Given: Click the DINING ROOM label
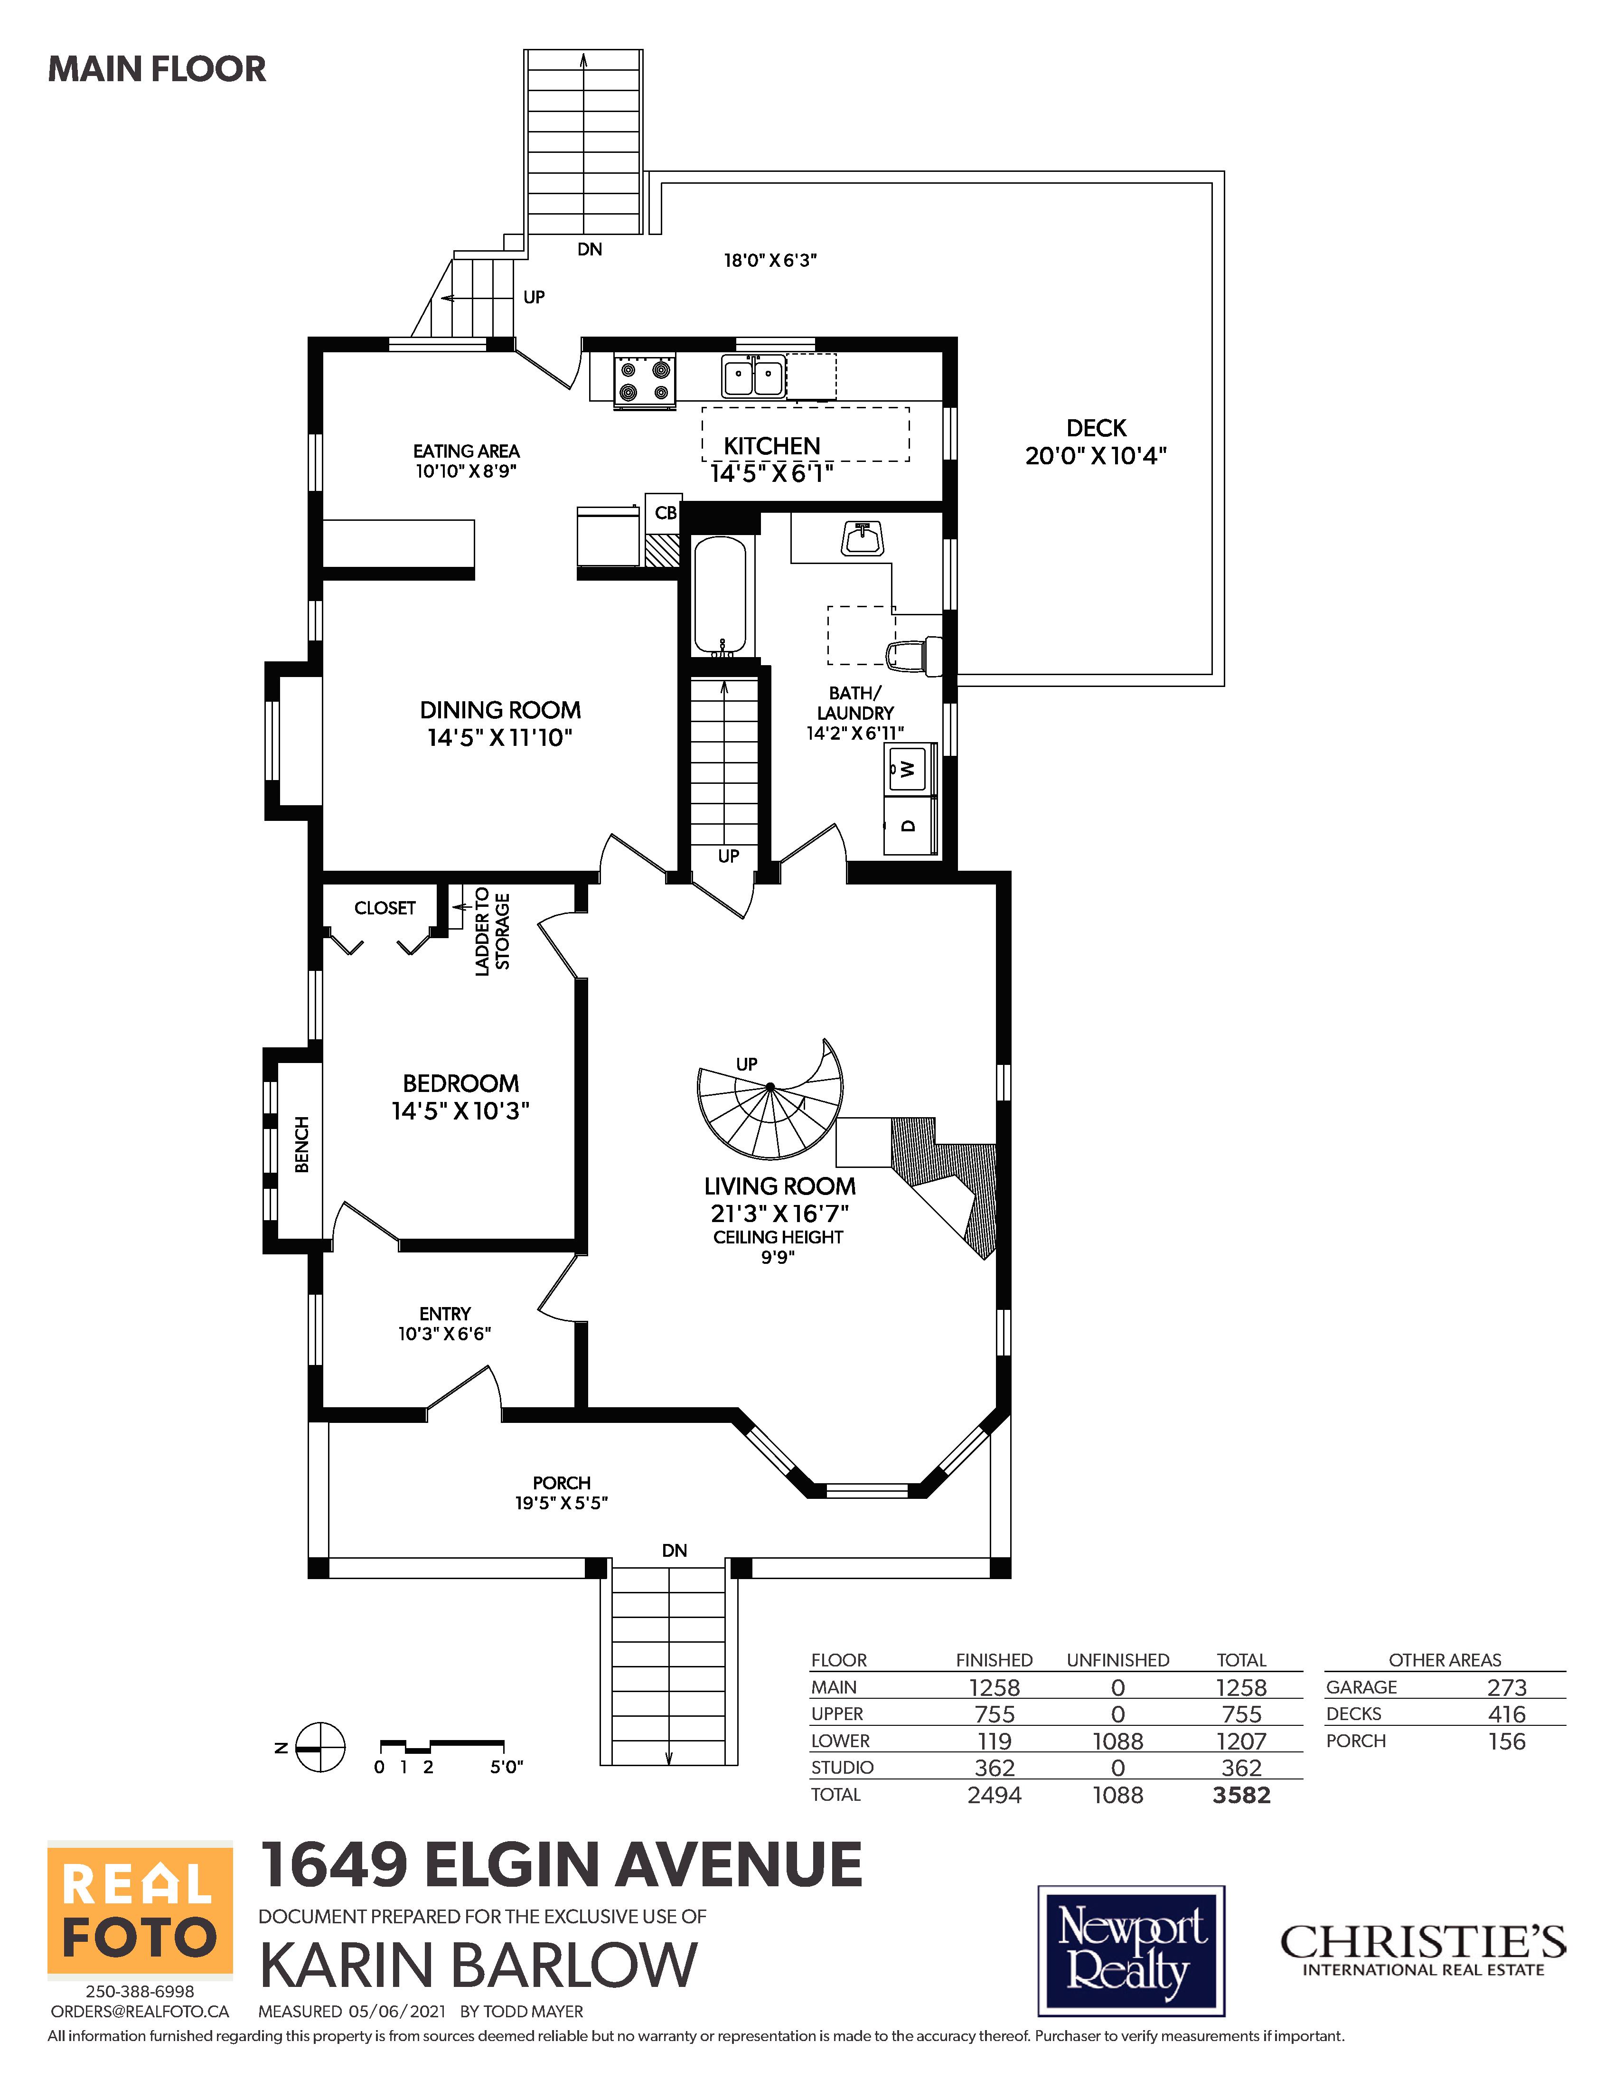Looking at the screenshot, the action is [x=500, y=710].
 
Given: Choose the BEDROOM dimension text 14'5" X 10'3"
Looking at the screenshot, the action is [x=460, y=1110].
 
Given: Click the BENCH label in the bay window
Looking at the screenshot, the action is [x=301, y=1144].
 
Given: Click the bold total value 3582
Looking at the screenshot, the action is [x=1241, y=1796].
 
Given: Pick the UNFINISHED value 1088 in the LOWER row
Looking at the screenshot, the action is [x=1118, y=1742].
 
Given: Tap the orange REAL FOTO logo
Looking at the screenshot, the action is [x=141, y=1907].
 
